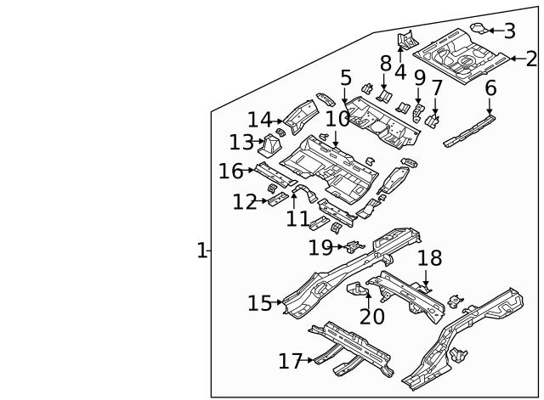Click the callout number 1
[201, 251]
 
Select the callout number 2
[531, 59]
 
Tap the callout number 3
[509, 31]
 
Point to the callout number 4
[399, 71]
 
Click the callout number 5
[345, 78]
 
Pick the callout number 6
[490, 88]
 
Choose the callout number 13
[241, 142]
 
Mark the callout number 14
[259, 121]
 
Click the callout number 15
[260, 303]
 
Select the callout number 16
[230, 172]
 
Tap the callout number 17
[290, 362]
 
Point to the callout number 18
[429, 259]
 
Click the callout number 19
[320, 247]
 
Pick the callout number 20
[371, 316]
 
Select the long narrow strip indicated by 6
[468, 127]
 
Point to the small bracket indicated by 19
[354, 247]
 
